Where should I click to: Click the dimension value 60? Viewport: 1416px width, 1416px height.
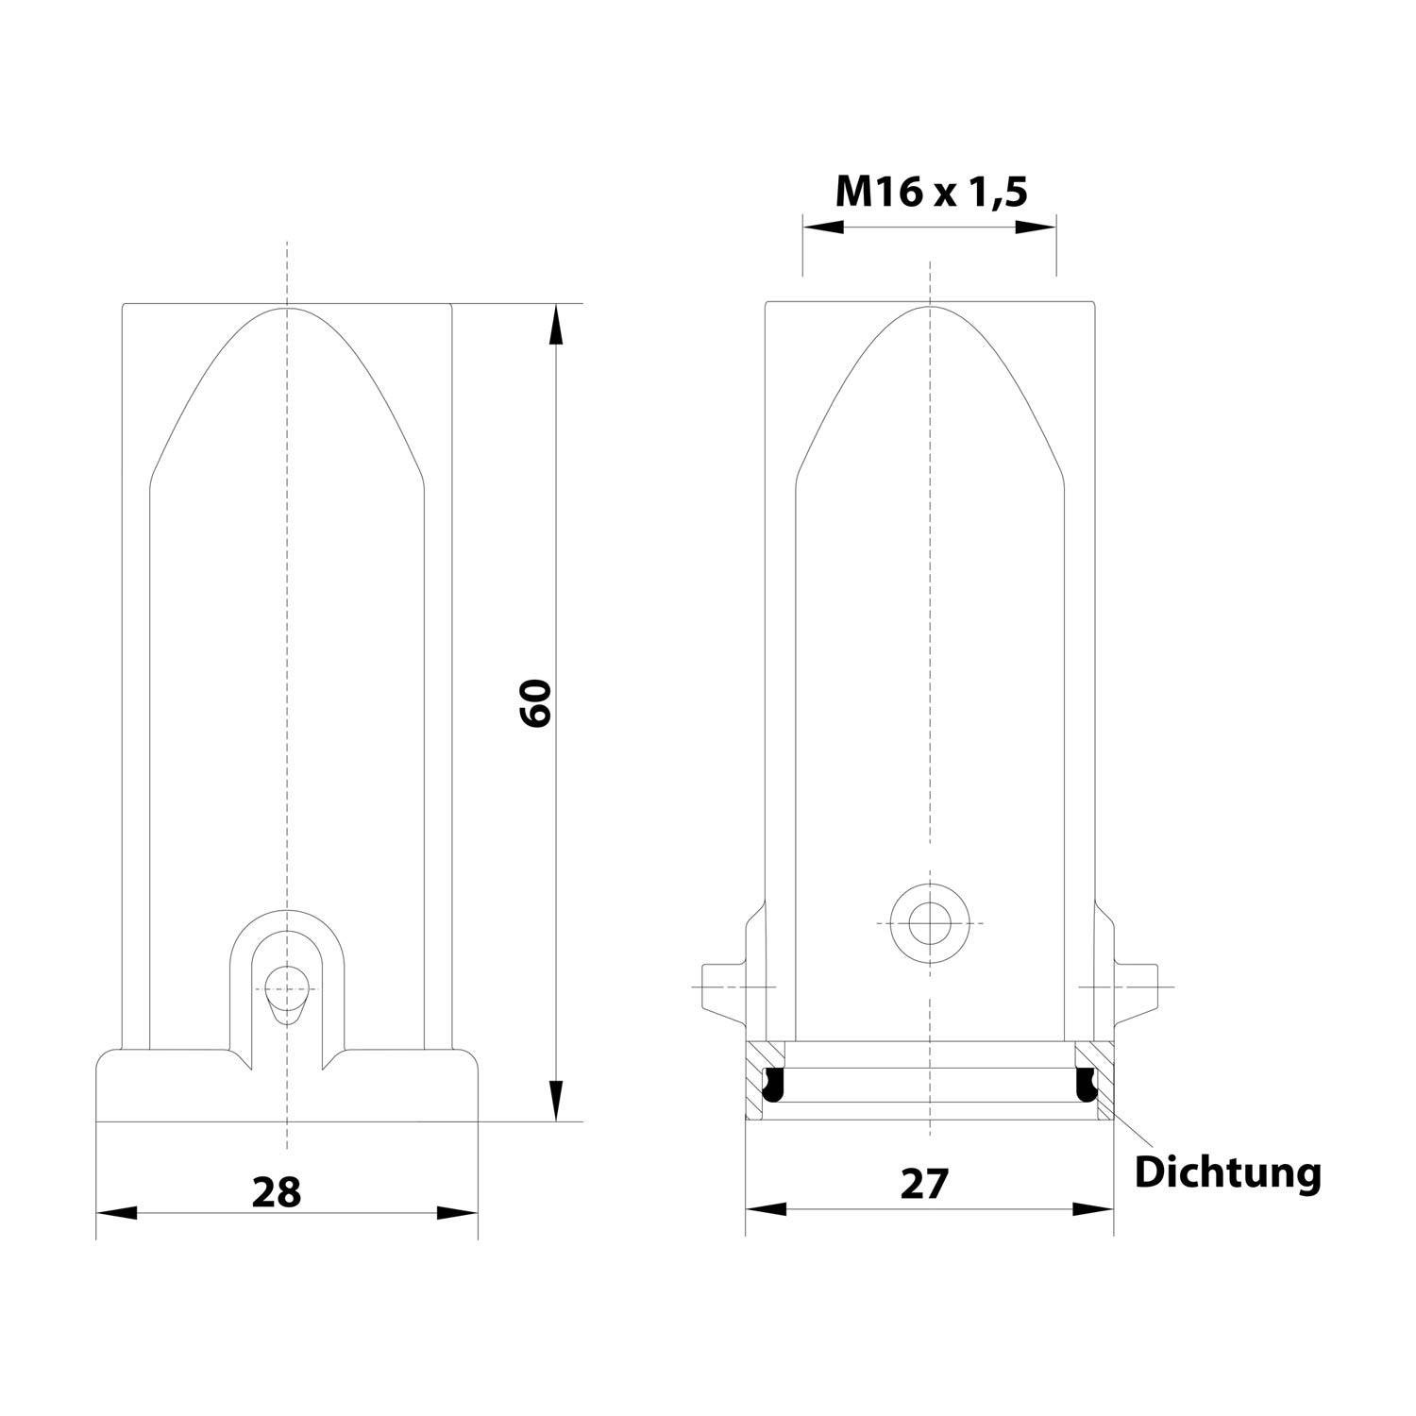click(535, 701)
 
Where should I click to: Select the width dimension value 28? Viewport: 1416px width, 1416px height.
click(277, 1191)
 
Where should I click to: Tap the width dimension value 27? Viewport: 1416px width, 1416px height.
click(922, 1183)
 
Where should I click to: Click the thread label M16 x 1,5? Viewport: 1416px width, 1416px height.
click(931, 193)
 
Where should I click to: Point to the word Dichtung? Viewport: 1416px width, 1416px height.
click(1227, 1172)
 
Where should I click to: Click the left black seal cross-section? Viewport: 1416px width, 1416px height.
click(774, 1085)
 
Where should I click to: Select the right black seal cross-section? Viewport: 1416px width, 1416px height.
click(1086, 1085)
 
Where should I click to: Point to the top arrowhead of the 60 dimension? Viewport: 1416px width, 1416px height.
click(556, 326)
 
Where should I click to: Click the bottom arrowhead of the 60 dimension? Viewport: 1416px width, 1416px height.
click(556, 1101)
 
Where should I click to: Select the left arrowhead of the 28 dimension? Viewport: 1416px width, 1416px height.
click(118, 1213)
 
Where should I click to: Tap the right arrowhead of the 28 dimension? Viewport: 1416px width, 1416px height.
click(457, 1213)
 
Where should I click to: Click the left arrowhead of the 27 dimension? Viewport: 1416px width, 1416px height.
click(767, 1209)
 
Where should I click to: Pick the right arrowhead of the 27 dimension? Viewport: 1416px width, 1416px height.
click(1093, 1209)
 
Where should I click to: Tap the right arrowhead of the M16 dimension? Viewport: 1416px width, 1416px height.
click(1036, 228)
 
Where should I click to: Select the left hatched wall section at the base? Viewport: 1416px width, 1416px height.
click(755, 1081)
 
